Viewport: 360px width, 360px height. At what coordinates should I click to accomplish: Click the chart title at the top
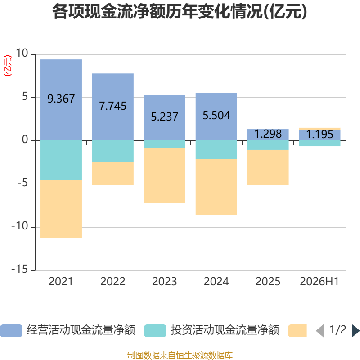pos(180,12)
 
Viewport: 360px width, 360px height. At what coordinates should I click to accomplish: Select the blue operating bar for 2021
pos(61,100)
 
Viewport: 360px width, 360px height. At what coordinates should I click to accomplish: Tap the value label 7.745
pos(113,106)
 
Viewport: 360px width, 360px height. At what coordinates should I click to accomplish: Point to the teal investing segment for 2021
pos(61,160)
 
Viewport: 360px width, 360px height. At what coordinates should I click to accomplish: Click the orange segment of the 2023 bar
pos(165,175)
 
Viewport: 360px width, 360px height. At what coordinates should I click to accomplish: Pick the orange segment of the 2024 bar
pos(216,187)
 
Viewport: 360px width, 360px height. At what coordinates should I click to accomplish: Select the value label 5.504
pos(216,116)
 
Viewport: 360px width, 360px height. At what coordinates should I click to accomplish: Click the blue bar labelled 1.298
pos(268,135)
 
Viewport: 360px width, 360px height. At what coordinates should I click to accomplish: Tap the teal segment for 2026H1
pos(319,144)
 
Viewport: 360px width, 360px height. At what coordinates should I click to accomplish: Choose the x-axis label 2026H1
pos(319,282)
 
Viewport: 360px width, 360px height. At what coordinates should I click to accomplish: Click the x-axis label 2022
pos(113,282)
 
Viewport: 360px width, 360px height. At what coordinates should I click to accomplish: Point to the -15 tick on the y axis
pos(20,269)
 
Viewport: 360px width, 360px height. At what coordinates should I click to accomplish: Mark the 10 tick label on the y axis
pos(22,53)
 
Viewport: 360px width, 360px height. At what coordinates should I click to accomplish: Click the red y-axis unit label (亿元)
pos(8,66)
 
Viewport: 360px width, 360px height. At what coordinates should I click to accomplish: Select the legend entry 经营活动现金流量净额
pos(81,330)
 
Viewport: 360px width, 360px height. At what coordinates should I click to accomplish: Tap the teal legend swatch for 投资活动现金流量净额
pos(155,331)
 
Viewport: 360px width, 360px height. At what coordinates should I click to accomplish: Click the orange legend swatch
pos(297,331)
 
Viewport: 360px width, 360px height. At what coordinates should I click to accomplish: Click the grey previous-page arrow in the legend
pos(320,331)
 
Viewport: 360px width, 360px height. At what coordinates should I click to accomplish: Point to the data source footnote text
pos(180,355)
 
